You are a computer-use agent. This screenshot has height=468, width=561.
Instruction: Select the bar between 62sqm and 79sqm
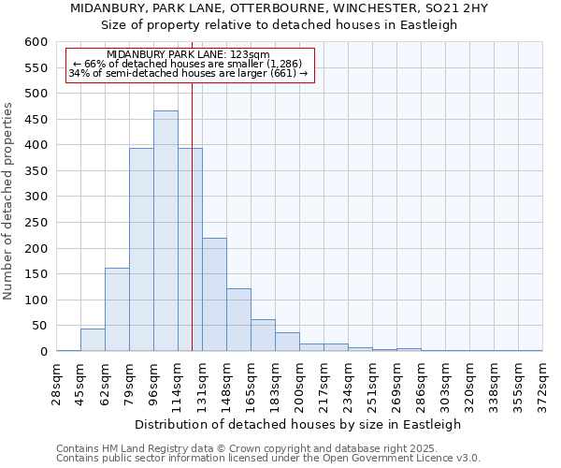(117, 310)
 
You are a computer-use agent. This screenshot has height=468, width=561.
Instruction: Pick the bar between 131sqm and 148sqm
(214, 295)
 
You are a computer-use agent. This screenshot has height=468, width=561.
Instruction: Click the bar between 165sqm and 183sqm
(263, 335)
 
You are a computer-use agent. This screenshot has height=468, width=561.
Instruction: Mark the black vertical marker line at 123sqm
(192, 234)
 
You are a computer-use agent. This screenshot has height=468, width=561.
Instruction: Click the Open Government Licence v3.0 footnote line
(268, 458)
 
